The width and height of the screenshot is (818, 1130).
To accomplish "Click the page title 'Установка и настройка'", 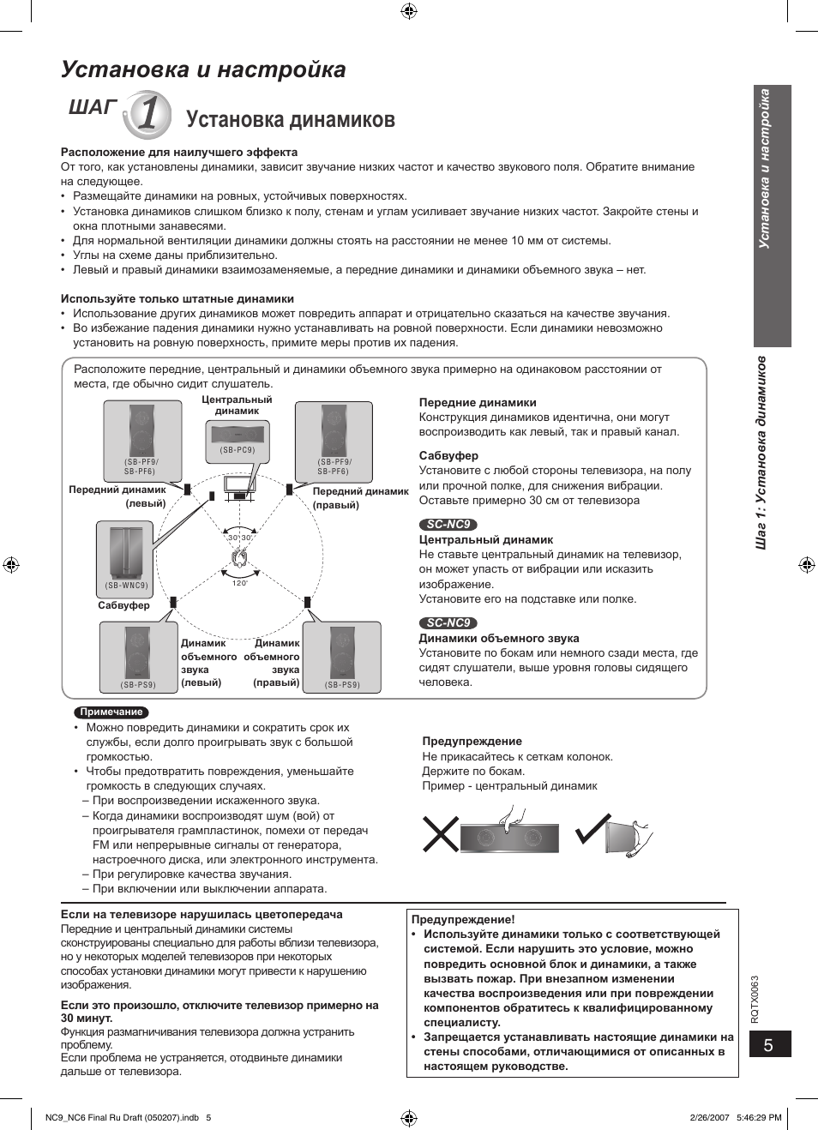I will pyautogui.click(x=203, y=69).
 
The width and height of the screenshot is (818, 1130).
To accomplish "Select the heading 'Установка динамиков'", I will pyautogui.click(x=290, y=119).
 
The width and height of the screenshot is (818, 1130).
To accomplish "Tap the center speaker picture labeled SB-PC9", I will pyautogui.click(x=237, y=440).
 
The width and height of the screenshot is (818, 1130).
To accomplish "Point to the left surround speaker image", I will pyautogui.click(x=138, y=656).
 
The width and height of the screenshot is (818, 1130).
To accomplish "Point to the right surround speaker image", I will pyautogui.click(x=342, y=656).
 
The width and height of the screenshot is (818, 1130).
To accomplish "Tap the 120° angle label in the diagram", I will pyautogui.click(x=240, y=583).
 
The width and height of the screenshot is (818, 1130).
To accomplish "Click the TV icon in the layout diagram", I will pyautogui.click(x=239, y=486).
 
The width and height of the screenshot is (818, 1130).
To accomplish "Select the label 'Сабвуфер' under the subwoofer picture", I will pyautogui.click(x=123, y=605).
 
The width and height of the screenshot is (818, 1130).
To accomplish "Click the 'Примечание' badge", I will pyautogui.click(x=111, y=712).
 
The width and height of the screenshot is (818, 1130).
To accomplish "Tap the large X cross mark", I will pyautogui.click(x=441, y=833).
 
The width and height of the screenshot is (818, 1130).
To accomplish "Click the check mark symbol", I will pyautogui.click(x=592, y=828).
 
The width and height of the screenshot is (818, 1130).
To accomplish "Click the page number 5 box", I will pyautogui.click(x=769, y=1044).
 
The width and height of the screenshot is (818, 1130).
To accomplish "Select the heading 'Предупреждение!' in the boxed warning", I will pyautogui.click(x=463, y=919).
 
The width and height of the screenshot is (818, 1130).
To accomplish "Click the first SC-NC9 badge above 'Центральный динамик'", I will pyautogui.click(x=448, y=525).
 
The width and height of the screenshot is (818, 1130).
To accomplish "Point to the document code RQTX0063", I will pyautogui.click(x=755, y=999).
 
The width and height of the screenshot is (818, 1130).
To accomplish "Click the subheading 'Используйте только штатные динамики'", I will pyautogui.click(x=177, y=299).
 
